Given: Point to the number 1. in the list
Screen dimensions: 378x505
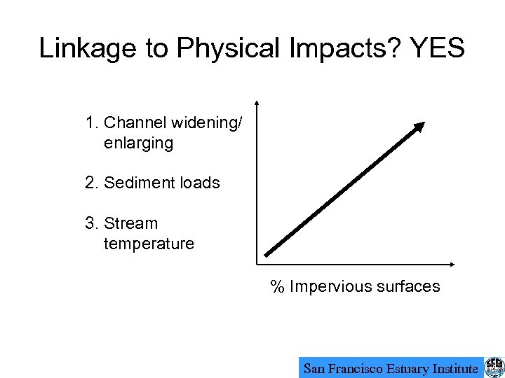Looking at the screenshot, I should [91, 123].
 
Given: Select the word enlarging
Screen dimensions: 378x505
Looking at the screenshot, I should [138, 143].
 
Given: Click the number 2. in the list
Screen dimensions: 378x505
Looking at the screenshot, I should [91, 183].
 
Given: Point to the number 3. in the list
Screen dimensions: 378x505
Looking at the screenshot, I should [91, 224].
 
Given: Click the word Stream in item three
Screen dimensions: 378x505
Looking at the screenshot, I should [131, 224].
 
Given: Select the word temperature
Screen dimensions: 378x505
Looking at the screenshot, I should [149, 244].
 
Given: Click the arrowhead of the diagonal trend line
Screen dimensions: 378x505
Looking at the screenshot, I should [419, 127].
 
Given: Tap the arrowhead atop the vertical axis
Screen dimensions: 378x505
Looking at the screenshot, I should [257, 103].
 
